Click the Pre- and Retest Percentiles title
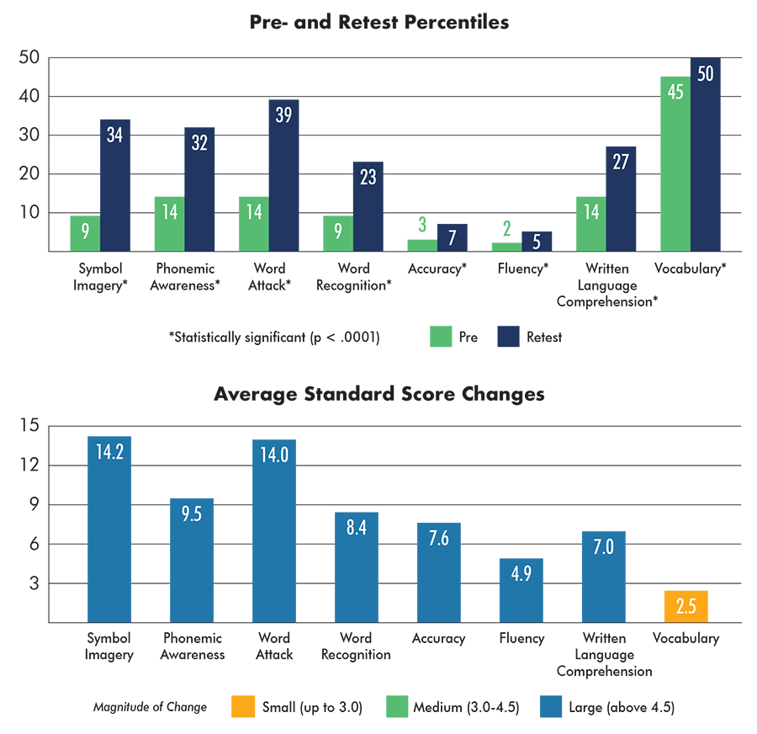click(x=379, y=22)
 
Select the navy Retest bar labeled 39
click(x=284, y=175)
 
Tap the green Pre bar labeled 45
click(x=675, y=164)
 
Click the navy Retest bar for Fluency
click(x=537, y=241)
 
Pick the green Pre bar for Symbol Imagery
click(x=85, y=233)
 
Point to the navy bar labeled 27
click(x=621, y=199)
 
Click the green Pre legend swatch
click(x=441, y=337)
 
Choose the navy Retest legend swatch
click(x=508, y=337)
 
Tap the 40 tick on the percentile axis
click(x=29, y=96)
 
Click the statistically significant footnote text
click(x=274, y=337)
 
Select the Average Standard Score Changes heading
click(x=379, y=394)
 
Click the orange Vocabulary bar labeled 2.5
click(x=686, y=606)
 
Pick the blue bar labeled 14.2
click(x=109, y=529)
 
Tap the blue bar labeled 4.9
click(x=521, y=591)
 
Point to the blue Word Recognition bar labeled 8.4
click(x=357, y=567)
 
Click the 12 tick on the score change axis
click(x=30, y=465)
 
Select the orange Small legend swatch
click(x=243, y=706)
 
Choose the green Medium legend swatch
click(x=397, y=706)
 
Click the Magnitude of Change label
click(x=150, y=707)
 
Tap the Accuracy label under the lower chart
click(x=438, y=638)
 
